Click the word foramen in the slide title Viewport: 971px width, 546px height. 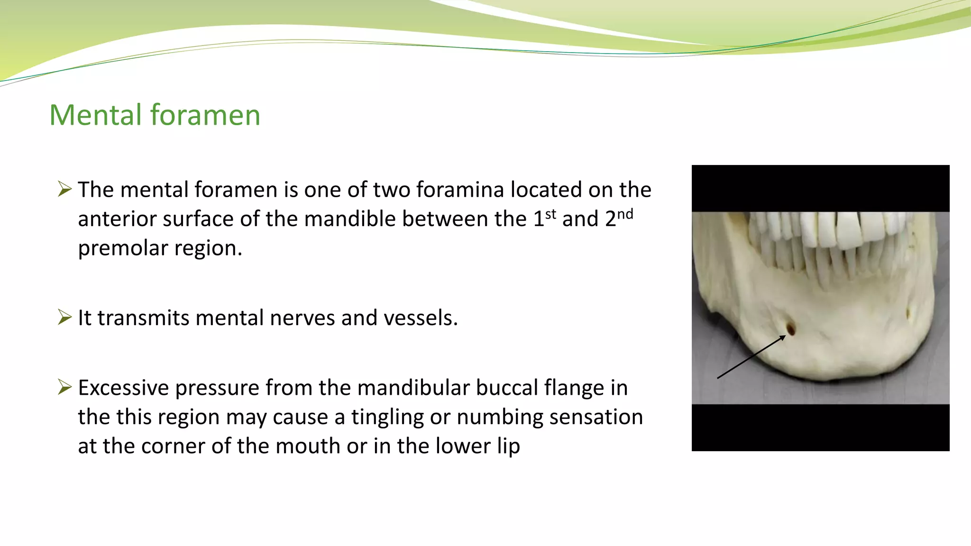point(205,115)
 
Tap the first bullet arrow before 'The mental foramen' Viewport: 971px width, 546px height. point(64,189)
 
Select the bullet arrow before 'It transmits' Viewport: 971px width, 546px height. point(64,317)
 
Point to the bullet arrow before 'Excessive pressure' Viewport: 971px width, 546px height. point(64,387)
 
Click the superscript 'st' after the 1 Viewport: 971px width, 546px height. point(550,214)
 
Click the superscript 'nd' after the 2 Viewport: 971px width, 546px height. point(625,214)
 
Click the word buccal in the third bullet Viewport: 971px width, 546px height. point(507,388)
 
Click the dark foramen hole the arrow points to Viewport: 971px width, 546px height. point(791,328)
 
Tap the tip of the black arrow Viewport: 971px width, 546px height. point(785,336)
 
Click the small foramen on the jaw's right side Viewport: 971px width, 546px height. point(908,313)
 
